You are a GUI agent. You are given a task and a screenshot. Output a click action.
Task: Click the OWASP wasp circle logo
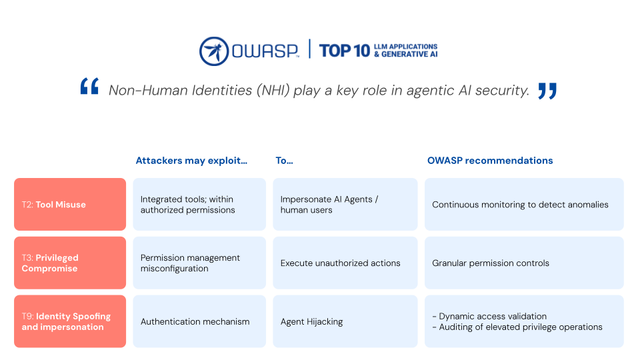(x=214, y=51)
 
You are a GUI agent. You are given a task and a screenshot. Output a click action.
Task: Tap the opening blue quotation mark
(x=89, y=86)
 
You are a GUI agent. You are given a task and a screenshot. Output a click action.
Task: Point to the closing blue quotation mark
(x=547, y=91)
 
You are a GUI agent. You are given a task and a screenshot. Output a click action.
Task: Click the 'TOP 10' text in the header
(x=345, y=51)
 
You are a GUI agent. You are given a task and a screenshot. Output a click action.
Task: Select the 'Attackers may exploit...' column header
(x=191, y=161)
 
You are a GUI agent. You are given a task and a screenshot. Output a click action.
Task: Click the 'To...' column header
(x=284, y=161)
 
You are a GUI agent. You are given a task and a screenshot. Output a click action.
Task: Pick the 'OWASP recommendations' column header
(x=490, y=161)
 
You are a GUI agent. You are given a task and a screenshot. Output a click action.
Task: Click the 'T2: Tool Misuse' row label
(x=70, y=204)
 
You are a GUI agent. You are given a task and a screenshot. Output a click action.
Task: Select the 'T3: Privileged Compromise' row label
(x=70, y=263)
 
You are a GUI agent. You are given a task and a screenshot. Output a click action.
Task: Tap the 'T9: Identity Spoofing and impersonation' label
(x=70, y=321)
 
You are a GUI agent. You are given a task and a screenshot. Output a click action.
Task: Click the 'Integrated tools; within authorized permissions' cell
(x=199, y=204)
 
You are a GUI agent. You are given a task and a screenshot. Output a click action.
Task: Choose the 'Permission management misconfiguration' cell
(x=199, y=263)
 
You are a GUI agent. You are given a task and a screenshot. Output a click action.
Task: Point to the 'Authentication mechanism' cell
(x=199, y=321)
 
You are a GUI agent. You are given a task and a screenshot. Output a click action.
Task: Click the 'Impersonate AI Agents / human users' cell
(x=345, y=204)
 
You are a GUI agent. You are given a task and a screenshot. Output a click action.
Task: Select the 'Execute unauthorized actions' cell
(x=345, y=263)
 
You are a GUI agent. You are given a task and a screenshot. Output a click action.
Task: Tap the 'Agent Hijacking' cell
(x=345, y=321)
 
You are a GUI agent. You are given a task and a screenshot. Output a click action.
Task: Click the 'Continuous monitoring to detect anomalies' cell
(x=524, y=204)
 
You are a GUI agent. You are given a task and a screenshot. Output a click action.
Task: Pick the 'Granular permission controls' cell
(x=524, y=263)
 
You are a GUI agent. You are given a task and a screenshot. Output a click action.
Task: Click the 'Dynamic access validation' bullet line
(x=489, y=316)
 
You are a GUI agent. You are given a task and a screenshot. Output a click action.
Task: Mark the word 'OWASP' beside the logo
(x=265, y=51)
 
